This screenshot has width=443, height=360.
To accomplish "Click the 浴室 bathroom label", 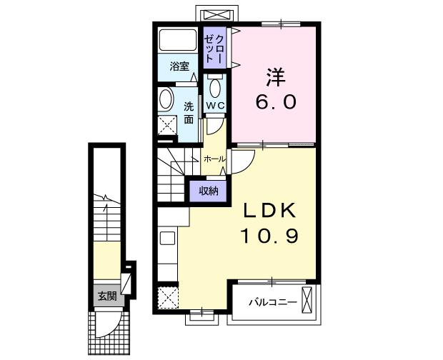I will (x=179, y=67).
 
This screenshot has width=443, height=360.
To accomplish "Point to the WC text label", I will (x=216, y=106).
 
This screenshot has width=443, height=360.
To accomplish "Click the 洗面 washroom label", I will (x=188, y=113).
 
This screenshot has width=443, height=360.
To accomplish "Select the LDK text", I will (x=271, y=211).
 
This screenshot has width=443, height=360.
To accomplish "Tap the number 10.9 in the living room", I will (x=268, y=235).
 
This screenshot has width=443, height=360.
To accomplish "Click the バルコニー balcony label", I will (x=272, y=301).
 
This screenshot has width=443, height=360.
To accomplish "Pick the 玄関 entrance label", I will (x=107, y=296).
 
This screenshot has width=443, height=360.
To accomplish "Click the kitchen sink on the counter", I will (x=168, y=239).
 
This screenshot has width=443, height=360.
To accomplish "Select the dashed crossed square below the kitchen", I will (x=168, y=296).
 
